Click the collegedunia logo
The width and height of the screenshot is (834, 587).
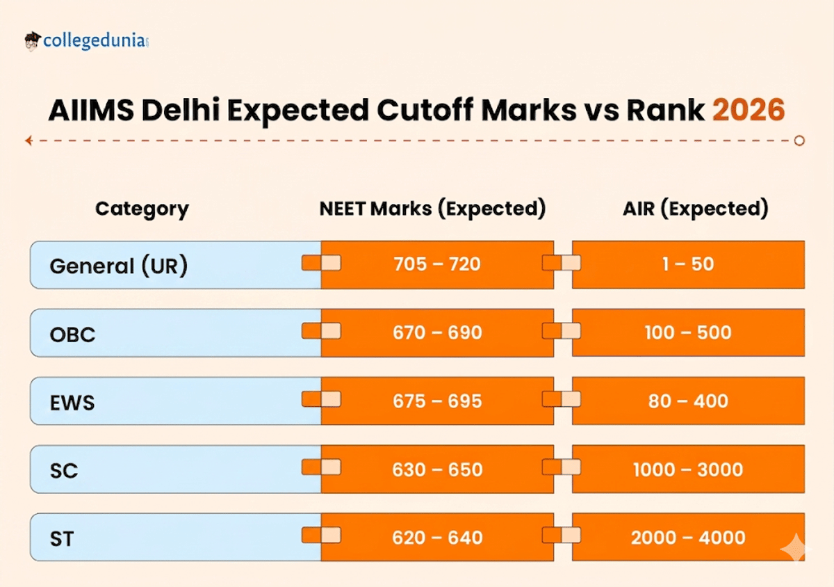pyautogui.click(x=86, y=40)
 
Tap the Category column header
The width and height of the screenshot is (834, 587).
pyautogui.click(x=142, y=209)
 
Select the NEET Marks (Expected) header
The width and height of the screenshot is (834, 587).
pyautogui.click(x=432, y=209)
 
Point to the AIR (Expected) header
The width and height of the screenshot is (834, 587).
pyautogui.click(x=695, y=209)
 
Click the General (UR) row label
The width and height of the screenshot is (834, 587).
pyautogui.click(x=119, y=266)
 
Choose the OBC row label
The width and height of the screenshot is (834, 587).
pyautogui.click(x=72, y=335)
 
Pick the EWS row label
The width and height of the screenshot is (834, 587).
pyautogui.click(x=72, y=402)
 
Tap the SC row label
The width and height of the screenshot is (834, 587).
pyautogui.click(x=63, y=470)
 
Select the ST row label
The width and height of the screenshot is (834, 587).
pyautogui.click(x=62, y=538)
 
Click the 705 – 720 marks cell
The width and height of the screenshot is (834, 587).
pyautogui.click(x=437, y=264)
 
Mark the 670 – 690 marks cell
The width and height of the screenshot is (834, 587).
pyautogui.click(x=437, y=332)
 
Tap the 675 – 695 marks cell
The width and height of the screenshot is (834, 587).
pyautogui.click(x=437, y=401)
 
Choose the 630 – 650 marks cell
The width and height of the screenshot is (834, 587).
pyautogui.click(x=437, y=469)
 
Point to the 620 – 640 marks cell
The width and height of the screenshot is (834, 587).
pyautogui.click(x=437, y=538)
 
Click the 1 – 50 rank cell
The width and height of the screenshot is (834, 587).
pyautogui.click(x=688, y=264)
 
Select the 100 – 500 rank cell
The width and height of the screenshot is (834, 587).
pyautogui.click(x=688, y=332)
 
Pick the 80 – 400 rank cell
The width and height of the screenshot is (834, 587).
pyautogui.click(x=688, y=401)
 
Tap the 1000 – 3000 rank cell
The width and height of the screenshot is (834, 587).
pyautogui.click(x=688, y=469)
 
